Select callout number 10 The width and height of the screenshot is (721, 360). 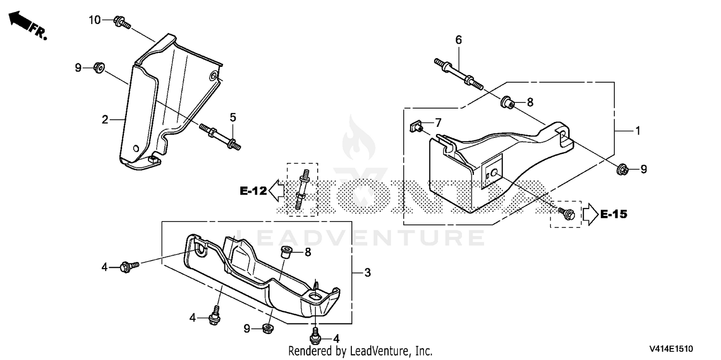click(95, 20)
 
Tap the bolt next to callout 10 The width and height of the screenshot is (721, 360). click(122, 22)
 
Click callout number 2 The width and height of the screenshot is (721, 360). click(105, 120)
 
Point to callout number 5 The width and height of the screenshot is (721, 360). click(233, 117)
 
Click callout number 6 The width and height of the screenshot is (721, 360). click(459, 40)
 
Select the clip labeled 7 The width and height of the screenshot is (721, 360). click(416, 126)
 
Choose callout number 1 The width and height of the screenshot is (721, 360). click(638, 131)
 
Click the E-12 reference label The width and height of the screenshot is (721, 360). click(253, 191)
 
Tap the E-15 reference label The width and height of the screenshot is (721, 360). click(614, 214)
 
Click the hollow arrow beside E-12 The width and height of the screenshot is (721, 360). click(276, 190)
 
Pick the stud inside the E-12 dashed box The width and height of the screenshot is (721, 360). click(301, 189)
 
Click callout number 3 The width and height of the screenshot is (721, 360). click(368, 273)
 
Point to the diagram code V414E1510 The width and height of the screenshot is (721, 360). click(671, 349)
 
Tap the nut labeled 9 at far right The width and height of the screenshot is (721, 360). click(622, 169)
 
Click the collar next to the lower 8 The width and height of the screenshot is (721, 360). click(286, 252)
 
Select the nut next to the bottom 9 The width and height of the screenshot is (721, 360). click(268, 328)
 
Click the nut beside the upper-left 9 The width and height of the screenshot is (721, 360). click(99, 68)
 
